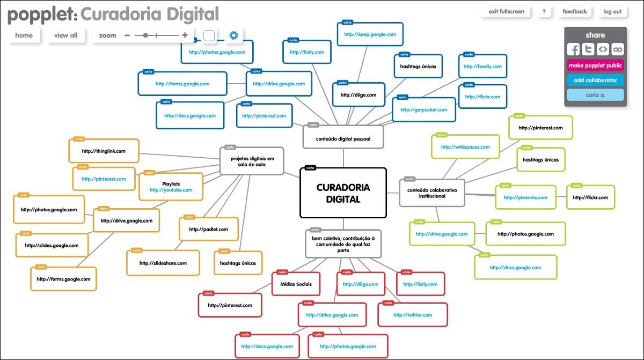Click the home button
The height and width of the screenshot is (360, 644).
(x=24, y=35)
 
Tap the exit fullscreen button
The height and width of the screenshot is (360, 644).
(x=506, y=11)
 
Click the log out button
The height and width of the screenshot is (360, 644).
(x=612, y=11)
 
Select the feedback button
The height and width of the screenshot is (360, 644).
(x=574, y=11)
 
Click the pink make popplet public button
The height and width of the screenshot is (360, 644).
(x=595, y=65)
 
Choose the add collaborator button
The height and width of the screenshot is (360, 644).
(x=595, y=80)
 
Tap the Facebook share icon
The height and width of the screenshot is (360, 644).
(x=574, y=49)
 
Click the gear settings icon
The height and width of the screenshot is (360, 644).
(x=233, y=35)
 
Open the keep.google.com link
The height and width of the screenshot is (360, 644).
(x=370, y=34)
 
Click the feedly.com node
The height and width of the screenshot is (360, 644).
(x=482, y=67)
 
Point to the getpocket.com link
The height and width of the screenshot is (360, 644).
(x=423, y=110)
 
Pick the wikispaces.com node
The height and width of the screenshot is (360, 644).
(x=465, y=147)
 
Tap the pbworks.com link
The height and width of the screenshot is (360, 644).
(x=525, y=197)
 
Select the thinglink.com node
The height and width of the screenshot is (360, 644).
(x=104, y=151)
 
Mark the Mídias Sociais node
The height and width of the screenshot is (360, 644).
(x=296, y=284)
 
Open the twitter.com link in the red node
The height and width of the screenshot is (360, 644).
(x=412, y=315)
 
